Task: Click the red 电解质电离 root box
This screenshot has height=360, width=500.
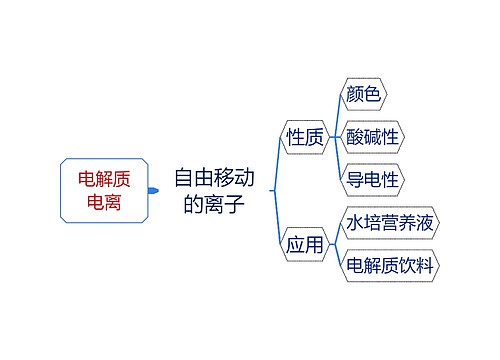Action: pos(104,190)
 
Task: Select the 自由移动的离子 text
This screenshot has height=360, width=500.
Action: pos(213,191)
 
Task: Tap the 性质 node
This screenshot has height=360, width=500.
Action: pos(305,137)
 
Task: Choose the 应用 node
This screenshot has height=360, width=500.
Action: pos(305,245)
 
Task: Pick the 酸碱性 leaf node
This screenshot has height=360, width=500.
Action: pos(373,137)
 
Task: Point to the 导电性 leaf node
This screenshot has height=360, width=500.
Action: pos(373,180)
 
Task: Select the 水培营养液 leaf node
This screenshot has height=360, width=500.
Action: pos(391,223)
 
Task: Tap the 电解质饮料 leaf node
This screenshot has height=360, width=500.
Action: pos(391,266)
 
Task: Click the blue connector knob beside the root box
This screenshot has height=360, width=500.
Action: pos(152,190)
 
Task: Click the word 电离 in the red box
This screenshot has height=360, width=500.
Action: pos(104,202)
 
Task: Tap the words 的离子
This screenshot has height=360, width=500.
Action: pos(213,204)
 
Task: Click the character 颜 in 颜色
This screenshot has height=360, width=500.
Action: pos(355,94)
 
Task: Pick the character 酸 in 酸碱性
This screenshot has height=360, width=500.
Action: pos(355,137)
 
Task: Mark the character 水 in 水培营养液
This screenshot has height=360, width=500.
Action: pos(354,223)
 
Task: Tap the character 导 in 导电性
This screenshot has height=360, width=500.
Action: pos(355,180)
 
